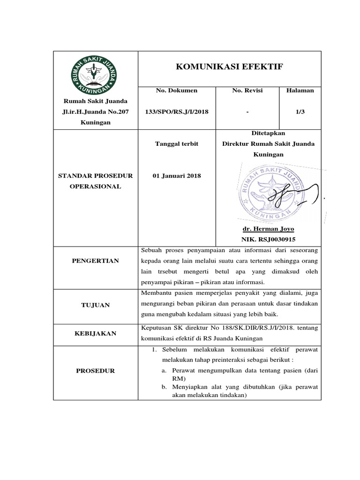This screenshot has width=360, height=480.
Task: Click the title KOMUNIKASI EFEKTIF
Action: (x=229, y=67)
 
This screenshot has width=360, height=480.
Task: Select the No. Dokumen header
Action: (x=176, y=90)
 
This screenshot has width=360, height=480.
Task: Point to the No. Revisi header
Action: (x=247, y=90)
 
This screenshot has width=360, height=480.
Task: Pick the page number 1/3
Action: (x=300, y=112)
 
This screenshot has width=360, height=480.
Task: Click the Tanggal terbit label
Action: (x=177, y=143)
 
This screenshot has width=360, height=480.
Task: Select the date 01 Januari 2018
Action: (x=177, y=176)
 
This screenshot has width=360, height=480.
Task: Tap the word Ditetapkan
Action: (x=269, y=133)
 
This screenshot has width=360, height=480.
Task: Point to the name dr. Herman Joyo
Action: (x=268, y=229)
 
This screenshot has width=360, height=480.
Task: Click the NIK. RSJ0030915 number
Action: (x=268, y=239)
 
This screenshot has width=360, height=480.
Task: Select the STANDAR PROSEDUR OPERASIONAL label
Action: (x=96, y=181)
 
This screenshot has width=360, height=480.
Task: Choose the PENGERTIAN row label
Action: (x=96, y=261)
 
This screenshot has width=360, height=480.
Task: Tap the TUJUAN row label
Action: (x=96, y=305)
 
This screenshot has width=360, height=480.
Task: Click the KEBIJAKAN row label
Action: (x=96, y=333)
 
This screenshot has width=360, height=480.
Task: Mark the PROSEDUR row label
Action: (x=96, y=371)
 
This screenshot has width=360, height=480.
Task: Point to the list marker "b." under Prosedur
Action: (x=165, y=387)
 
